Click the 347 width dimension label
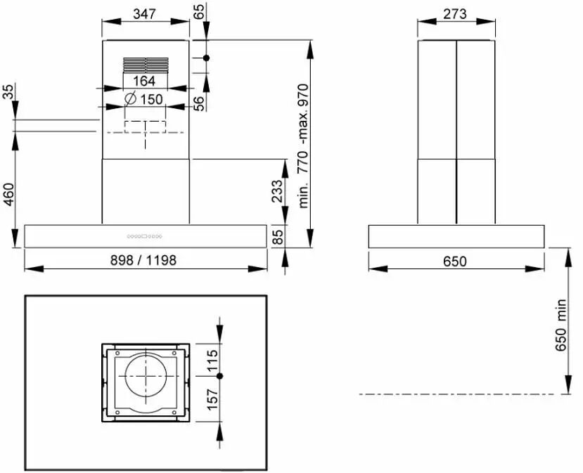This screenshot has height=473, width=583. point(144,14)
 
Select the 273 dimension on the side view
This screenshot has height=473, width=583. point(455,14)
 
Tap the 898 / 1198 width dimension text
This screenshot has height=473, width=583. point(143,260)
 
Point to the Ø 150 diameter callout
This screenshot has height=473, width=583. point(144,99)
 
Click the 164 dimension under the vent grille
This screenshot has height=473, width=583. point(144,81)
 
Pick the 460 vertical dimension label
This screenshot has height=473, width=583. point(8,194)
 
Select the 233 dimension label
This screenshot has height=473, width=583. point(277,191)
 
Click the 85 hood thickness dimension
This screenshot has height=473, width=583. point(277,237)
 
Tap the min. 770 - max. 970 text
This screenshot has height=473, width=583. point(303,146)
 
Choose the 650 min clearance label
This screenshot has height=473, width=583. point(560,325)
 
